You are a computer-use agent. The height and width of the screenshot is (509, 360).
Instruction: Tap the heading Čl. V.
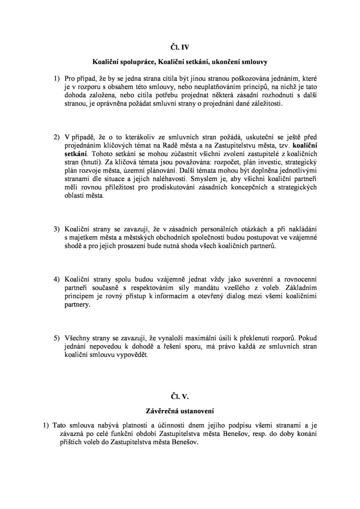tap(180, 397)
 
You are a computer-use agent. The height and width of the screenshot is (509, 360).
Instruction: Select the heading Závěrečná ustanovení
tap(180, 411)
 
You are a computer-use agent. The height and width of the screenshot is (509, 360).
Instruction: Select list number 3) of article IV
tap(57, 229)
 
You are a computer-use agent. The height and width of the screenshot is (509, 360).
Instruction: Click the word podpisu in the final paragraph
tap(221, 425)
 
